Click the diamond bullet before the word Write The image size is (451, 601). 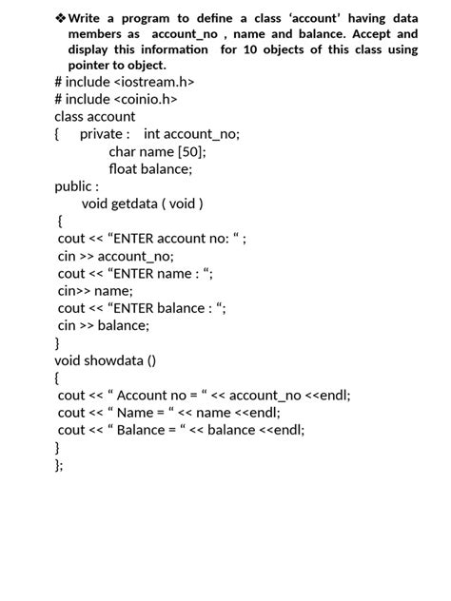61,18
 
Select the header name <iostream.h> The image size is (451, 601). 154,82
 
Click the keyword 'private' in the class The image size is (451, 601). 102,134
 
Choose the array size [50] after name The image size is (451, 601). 189,151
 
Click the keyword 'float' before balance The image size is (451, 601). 123,168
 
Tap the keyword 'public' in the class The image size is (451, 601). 74,186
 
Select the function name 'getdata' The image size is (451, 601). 134,204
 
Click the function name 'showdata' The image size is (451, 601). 115,360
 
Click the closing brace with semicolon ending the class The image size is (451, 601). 59,465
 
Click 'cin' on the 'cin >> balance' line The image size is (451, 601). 67,325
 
